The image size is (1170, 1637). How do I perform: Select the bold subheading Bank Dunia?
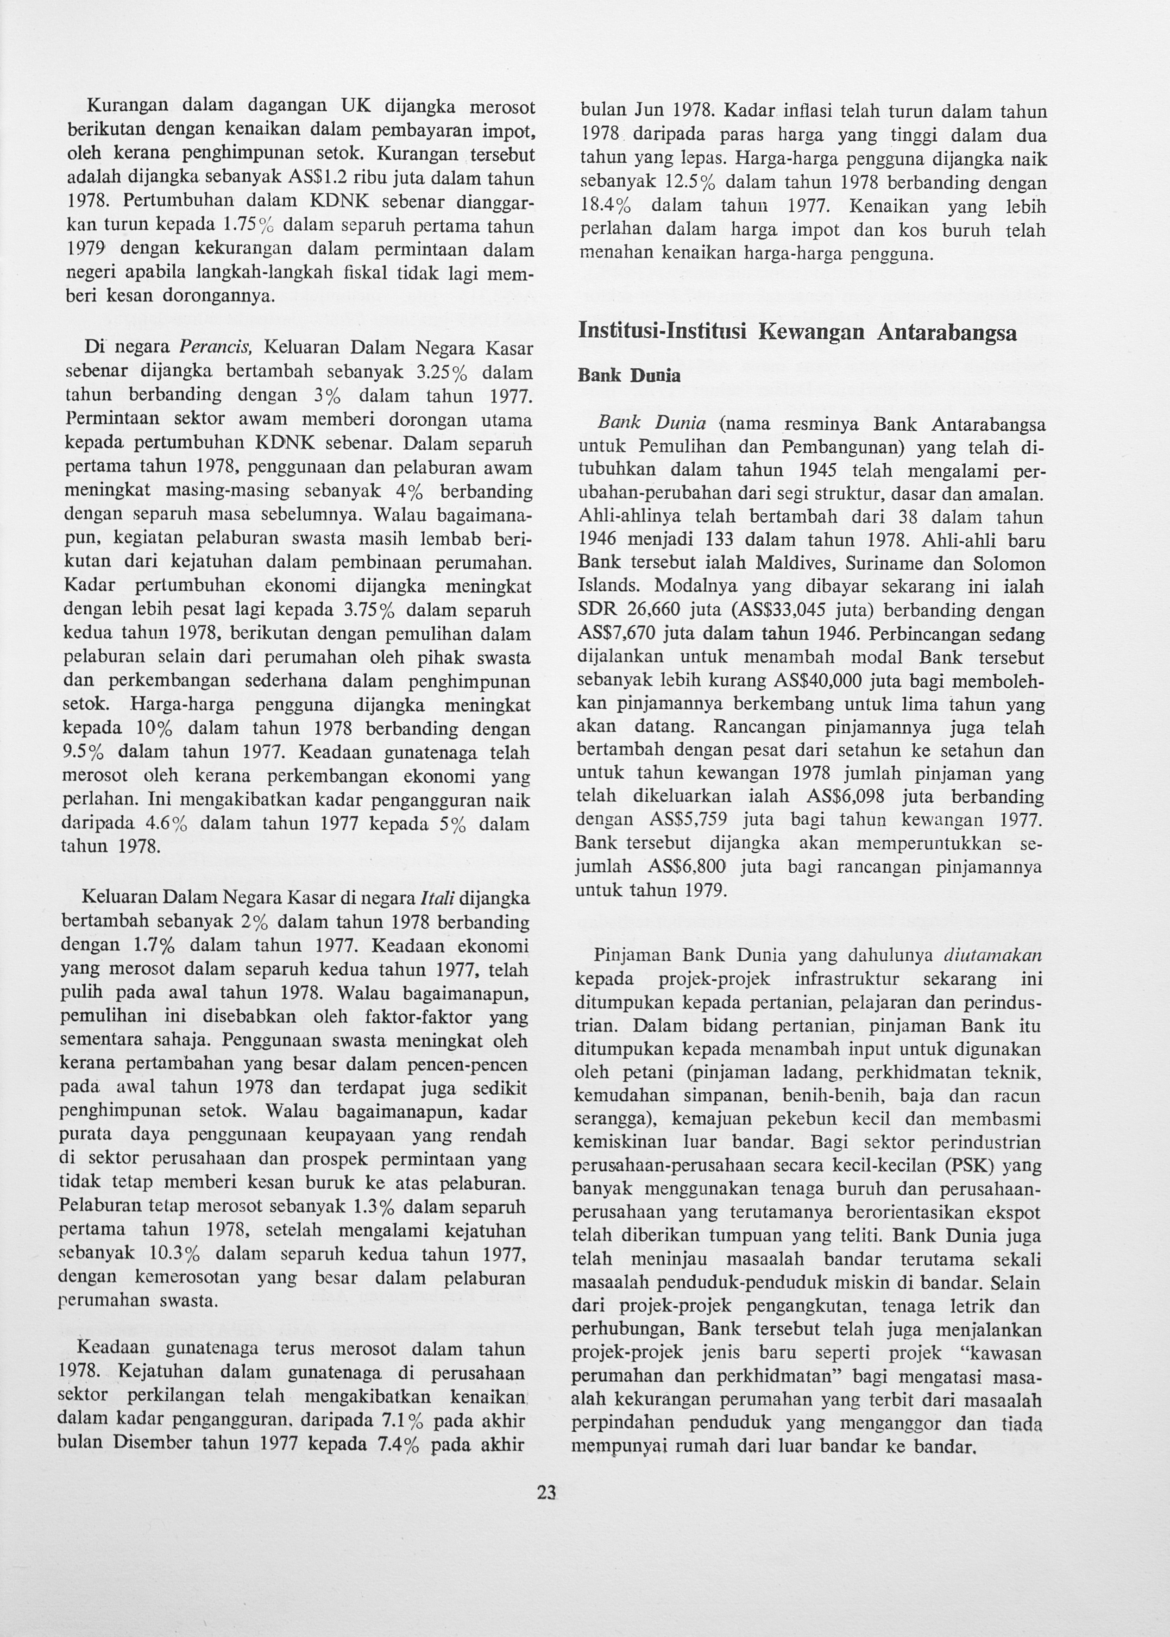click(629, 377)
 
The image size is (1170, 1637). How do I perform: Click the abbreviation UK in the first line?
click(353, 107)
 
